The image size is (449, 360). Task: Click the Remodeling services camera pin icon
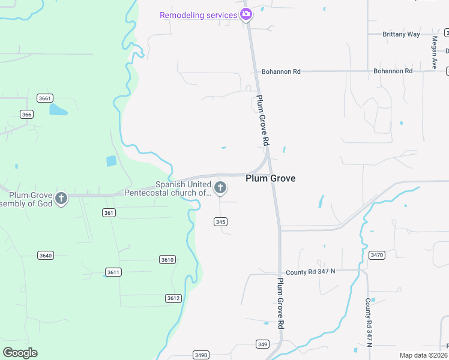(x=246, y=14)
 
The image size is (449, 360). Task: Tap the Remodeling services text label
(x=198, y=14)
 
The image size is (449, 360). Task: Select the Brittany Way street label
(x=402, y=34)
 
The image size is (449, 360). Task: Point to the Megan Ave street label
(x=434, y=53)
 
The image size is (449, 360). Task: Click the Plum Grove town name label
(x=270, y=178)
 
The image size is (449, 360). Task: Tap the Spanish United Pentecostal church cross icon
(x=220, y=188)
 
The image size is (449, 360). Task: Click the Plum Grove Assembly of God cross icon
(x=61, y=199)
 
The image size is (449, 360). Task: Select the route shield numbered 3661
(x=44, y=98)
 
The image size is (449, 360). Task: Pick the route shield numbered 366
(x=26, y=114)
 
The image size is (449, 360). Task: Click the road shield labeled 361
(x=109, y=212)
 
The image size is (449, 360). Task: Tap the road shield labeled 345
(x=220, y=222)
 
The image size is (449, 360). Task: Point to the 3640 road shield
(x=46, y=256)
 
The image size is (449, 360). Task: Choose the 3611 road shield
(x=113, y=272)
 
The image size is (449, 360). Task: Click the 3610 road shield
(x=167, y=259)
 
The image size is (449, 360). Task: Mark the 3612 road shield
(x=173, y=298)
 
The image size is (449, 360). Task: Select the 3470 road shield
(x=376, y=255)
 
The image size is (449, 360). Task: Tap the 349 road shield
(x=262, y=344)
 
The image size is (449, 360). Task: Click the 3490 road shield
(x=201, y=355)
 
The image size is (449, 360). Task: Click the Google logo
(x=20, y=353)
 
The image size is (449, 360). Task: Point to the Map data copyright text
(x=424, y=355)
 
